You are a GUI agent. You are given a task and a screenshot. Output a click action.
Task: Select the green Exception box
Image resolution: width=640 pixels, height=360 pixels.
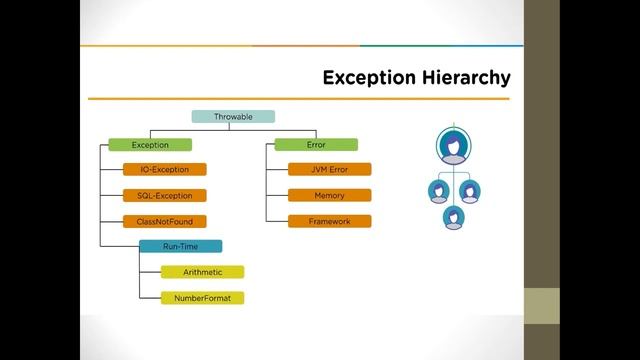[149, 145]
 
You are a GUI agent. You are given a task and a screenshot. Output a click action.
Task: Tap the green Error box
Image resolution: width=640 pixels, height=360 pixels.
[316, 145]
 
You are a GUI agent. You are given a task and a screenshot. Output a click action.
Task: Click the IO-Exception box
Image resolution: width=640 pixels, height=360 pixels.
[164, 170]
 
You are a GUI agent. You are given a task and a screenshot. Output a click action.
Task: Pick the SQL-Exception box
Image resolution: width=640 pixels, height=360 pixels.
[164, 195]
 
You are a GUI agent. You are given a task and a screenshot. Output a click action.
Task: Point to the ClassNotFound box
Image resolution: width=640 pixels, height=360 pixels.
[164, 221]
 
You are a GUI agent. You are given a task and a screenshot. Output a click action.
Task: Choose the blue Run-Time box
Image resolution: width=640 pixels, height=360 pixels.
[180, 246]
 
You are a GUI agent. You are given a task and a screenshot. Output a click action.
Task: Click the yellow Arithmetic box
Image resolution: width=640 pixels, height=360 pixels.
[202, 272]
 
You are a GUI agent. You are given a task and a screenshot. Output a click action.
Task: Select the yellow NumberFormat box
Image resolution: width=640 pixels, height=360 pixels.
[202, 298]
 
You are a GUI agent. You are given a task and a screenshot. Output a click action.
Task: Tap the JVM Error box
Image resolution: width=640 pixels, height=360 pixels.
[329, 170]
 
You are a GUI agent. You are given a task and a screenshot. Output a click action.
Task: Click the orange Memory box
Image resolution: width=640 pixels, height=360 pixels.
[329, 195]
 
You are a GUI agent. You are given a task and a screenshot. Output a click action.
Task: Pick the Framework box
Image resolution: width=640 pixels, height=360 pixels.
[329, 221]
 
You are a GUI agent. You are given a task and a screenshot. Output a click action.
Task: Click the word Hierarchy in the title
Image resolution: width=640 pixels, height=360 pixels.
[461, 78]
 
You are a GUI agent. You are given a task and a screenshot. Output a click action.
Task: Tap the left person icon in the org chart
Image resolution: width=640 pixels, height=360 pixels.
[437, 190]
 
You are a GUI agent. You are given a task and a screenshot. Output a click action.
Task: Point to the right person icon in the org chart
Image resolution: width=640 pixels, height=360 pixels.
[469, 190]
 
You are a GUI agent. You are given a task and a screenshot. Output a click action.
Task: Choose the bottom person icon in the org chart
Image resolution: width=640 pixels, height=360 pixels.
[453, 215]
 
